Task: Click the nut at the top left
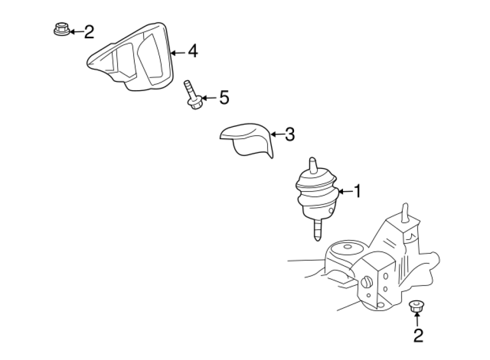(x=61, y=29)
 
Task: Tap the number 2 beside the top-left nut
(x=89, y=31)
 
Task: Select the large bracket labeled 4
(x=130, y=57)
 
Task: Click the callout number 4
(x=193, y=51)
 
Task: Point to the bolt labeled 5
(x=193, y=95)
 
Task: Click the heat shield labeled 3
(x=246, y=140)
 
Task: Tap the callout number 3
(x=290, y=134)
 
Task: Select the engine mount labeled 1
(x=317, y=197)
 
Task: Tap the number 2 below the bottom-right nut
(x=418, y=335)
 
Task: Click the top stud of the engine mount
(x=313, y=165)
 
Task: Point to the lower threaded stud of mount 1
(x=317, y=230)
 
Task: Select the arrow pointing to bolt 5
(x=209, y=98)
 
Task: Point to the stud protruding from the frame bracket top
(x=405, y=213)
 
